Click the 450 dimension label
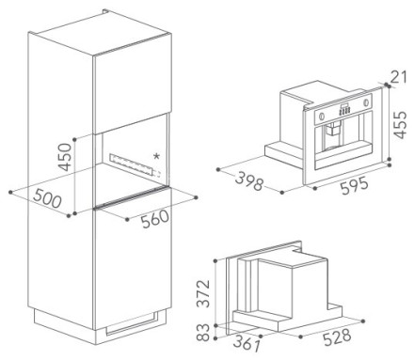point(66,157)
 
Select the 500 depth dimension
point(47,198)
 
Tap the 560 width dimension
point(155,218)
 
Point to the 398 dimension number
point(249,181)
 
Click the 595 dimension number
point(355,185)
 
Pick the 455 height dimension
point(400,124)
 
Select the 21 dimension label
point(399,77)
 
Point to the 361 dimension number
point(247,342)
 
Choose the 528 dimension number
point(337,337)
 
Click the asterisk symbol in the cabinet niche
point(156,156)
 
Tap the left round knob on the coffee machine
point(321,117)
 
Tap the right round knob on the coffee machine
point(366,102)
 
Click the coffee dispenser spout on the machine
point(333,131)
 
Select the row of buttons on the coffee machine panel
point(344,110)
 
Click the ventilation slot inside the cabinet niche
point(135,164)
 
